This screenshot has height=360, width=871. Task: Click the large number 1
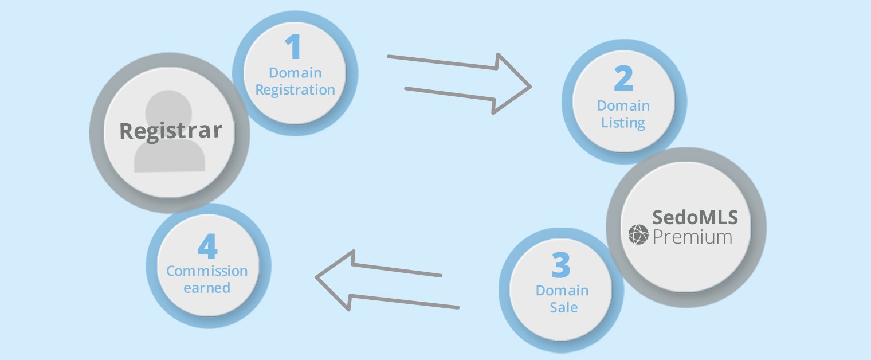[x=293, y=47]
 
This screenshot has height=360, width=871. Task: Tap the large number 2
[x=623, y=80]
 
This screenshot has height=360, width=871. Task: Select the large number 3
[x=562, y=265]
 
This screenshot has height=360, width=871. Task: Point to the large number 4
[x=207, y=246]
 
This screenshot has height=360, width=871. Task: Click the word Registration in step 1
[x=295, y=90]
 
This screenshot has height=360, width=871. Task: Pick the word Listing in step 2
[x=623, y=123]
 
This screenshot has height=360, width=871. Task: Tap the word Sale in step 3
[x=564, y=308]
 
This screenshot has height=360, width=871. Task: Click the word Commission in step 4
[x=207, y=271]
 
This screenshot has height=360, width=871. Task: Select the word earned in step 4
[x=207, y=288]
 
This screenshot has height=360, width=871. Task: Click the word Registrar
[x=170, y=131]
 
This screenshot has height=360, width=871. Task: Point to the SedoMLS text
[x=695, y=217]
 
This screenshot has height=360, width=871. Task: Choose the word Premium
[x=692, y=236]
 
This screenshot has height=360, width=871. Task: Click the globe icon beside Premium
[x=638, y=234]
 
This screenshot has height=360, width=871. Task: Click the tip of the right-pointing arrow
[x=531, y=87]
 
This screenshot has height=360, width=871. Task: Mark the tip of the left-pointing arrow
[x=316, y=278]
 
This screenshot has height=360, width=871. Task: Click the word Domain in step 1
[x=295, y=73]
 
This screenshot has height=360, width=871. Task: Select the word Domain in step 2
[x=623, y=105]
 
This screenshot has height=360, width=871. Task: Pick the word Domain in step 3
[x=562, y=291]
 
